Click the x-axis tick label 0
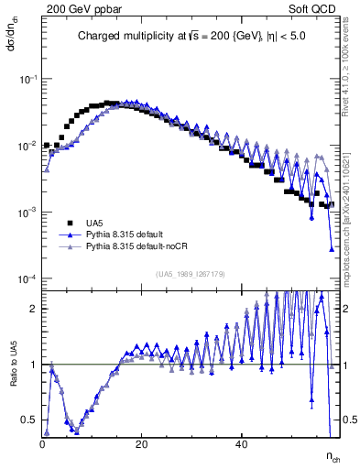pyautogui.click(x=43, y=444)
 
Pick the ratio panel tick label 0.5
pyautogui.click(x=31, y=420)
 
